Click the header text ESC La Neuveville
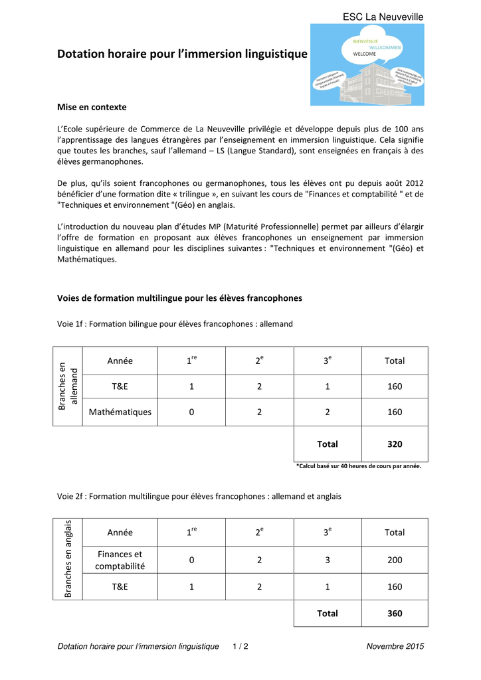click(383, 17)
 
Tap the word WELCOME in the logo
click(364, 54)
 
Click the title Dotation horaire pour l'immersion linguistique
click(182, 54)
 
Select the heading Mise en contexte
click(92, 107)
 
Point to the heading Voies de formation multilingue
click(179, 298)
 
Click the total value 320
click(394, 444)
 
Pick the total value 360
click(394, 614)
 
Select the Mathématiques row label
click(120, 412)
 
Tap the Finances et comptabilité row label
click(120, 560)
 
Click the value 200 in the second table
click(394, 560)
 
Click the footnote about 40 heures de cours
click(358, 466)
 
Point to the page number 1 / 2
click(241, 646)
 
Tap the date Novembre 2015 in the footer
click(395, 646)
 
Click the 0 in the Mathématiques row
click(191, 412)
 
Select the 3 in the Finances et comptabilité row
click(328, 560)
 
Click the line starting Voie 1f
click(175, 324)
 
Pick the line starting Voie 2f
click(199, 496)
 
